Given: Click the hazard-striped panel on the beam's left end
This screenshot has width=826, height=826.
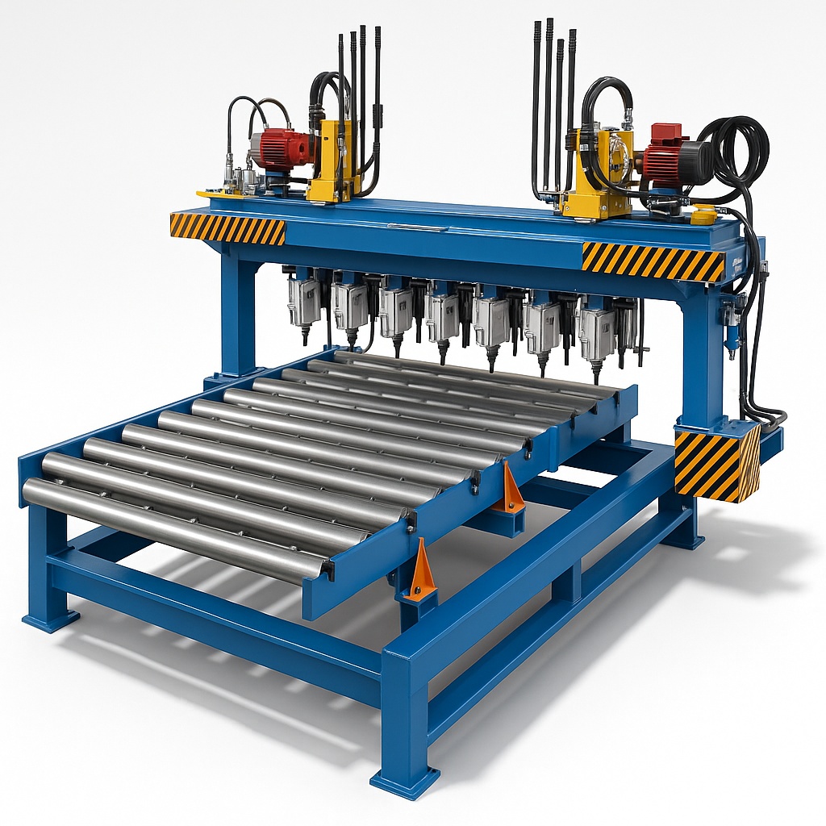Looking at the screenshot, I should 227,228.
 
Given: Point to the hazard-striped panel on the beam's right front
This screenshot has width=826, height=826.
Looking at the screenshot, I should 653,261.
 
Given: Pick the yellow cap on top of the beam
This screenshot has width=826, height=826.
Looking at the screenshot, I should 703,215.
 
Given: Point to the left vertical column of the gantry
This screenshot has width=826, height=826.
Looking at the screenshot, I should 239,315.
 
